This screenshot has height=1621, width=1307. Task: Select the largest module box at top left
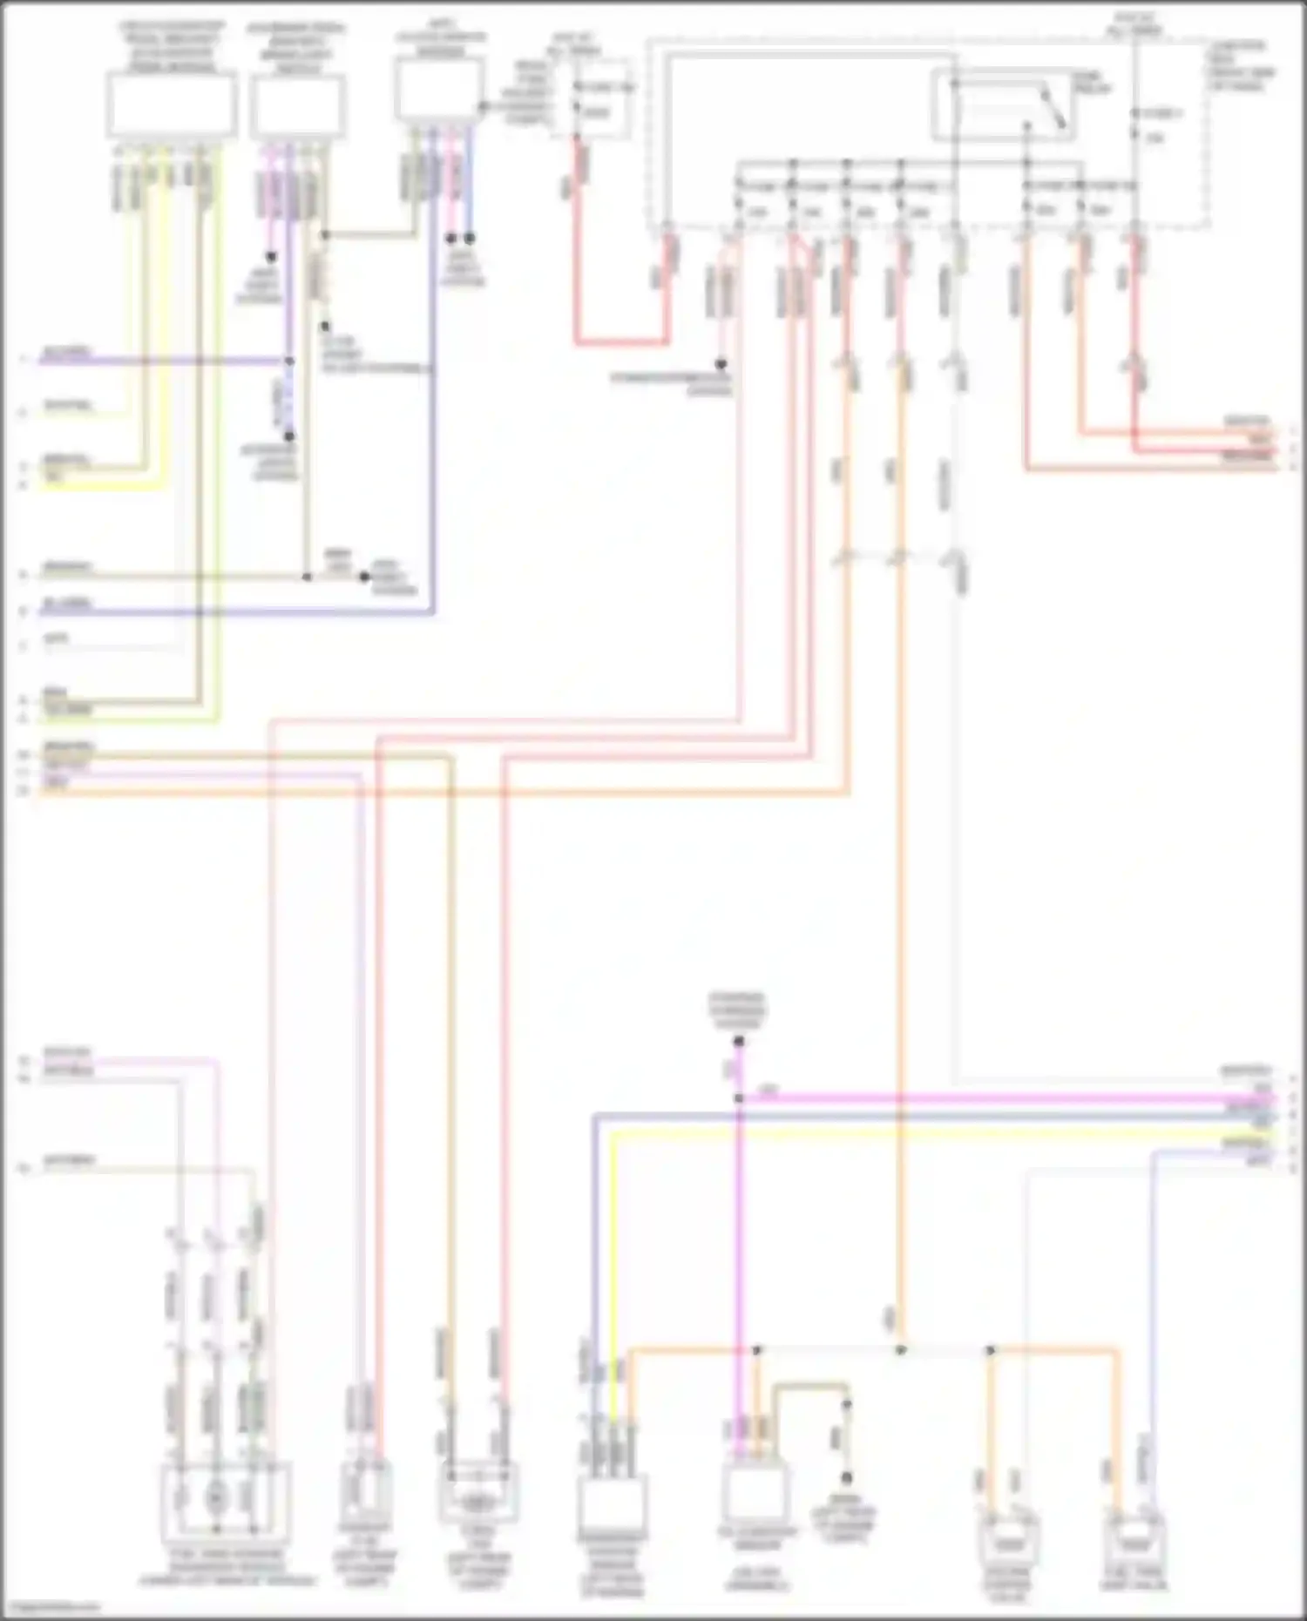click(172, 105)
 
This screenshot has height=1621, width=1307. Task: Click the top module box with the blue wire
click(439, 89)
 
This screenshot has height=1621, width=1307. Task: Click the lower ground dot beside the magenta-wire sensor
click(845, 1478)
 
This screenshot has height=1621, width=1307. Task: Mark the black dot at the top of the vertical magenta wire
click(738, 1042)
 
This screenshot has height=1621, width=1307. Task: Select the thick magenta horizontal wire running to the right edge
click(1002, 1099)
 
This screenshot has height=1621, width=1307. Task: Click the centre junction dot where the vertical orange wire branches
click(901, 1350)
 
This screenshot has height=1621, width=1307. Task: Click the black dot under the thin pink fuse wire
click(721, 365)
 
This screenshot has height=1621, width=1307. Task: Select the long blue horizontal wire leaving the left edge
click(235, 612)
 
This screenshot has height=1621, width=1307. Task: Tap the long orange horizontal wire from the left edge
click(436, 793)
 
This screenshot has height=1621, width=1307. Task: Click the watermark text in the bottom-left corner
click(48, 1607)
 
